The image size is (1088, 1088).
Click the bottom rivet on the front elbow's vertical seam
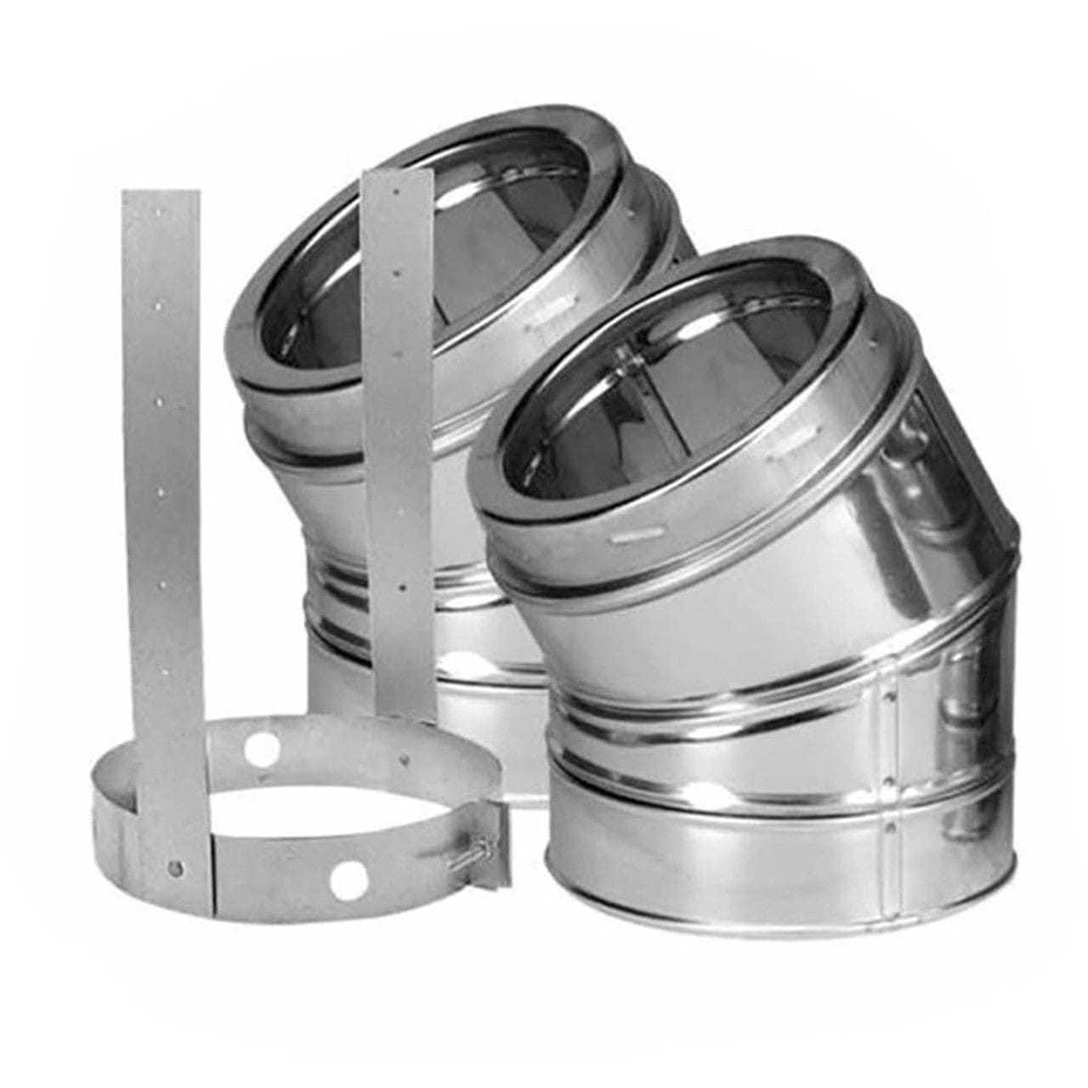point(889,825)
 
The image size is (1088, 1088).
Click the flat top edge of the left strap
point(161,192)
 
